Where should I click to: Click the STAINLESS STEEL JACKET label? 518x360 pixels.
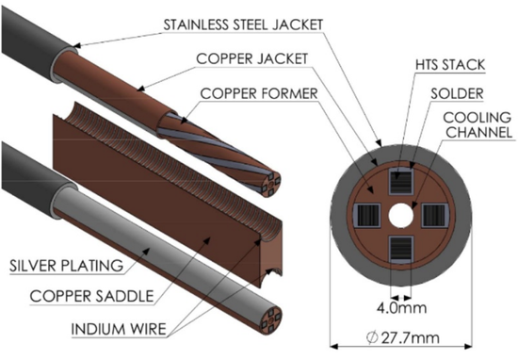click(243, 25)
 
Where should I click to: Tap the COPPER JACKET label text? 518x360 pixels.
click(252, 58)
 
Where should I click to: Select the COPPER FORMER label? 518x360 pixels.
click(259, 93)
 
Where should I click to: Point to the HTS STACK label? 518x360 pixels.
click(450, 65)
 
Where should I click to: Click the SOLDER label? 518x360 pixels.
click(457, 94)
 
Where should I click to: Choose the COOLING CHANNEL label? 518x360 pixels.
click(478, 125)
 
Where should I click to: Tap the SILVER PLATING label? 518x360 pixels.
click(67, 266)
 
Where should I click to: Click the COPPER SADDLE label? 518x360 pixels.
click(92, 296)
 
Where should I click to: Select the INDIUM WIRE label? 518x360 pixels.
click(119, 329)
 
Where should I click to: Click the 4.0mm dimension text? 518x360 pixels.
click(402, 308)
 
